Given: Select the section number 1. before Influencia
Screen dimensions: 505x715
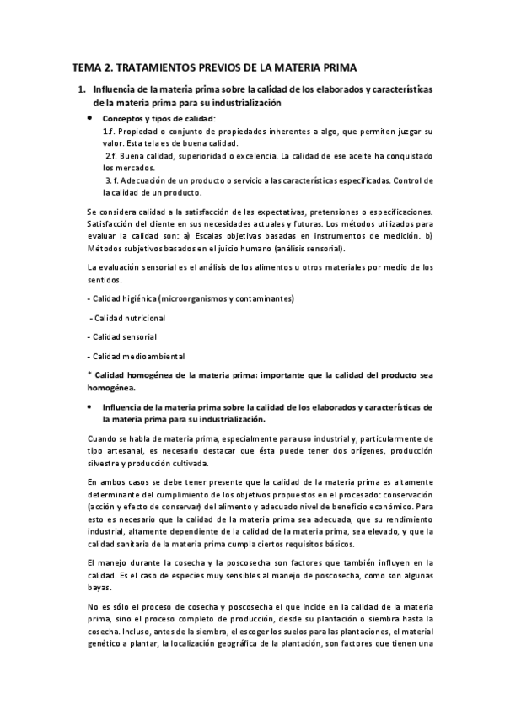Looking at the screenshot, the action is [x=81, y=89].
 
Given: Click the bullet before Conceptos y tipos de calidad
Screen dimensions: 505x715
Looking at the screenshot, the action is [x=90, y=119].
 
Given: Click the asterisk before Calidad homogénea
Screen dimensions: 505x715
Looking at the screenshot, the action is [x=89, y=374].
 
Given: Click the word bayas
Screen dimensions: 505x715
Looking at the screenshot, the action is [x=99, y=587].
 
